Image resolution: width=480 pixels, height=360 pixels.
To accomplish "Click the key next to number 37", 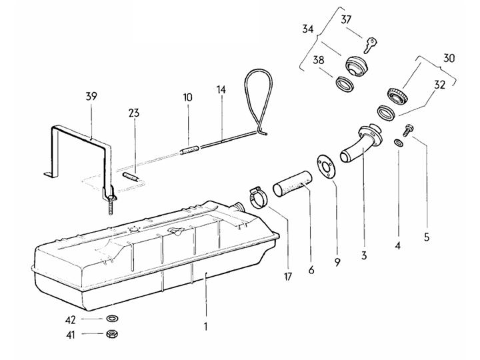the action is [x=370, y=45].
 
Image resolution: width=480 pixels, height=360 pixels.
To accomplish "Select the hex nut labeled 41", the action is [x=112, y=334].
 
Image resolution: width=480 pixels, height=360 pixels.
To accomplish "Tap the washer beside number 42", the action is [x=113, y=319].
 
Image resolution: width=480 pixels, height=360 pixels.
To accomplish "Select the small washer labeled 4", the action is [x=398, y=143].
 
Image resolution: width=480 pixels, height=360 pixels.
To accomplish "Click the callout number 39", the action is [x=91, y=96].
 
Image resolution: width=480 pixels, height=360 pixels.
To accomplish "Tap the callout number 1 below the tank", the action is [x=206, y=326].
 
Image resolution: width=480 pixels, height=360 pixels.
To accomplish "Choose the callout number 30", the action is [x=449, y=58].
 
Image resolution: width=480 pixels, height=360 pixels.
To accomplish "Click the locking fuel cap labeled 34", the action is [x=357, y=66].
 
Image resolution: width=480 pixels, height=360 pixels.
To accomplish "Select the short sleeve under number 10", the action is [x=189, y=150].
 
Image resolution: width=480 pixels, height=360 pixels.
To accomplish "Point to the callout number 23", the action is [x=134, y=113].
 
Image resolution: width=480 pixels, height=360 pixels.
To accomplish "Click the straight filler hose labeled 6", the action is [x=293, y=183].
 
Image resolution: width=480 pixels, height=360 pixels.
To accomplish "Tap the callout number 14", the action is [x=221, y=90].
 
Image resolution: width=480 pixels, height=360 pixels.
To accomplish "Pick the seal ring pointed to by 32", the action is [x=387, y=113].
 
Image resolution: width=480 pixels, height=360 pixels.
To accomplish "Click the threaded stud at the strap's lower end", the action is [x=110, y=207].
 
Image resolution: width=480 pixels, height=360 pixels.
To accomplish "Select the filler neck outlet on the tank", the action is [x=239, y=207].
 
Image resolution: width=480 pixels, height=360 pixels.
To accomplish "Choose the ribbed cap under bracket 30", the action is [x=398, y=95].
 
